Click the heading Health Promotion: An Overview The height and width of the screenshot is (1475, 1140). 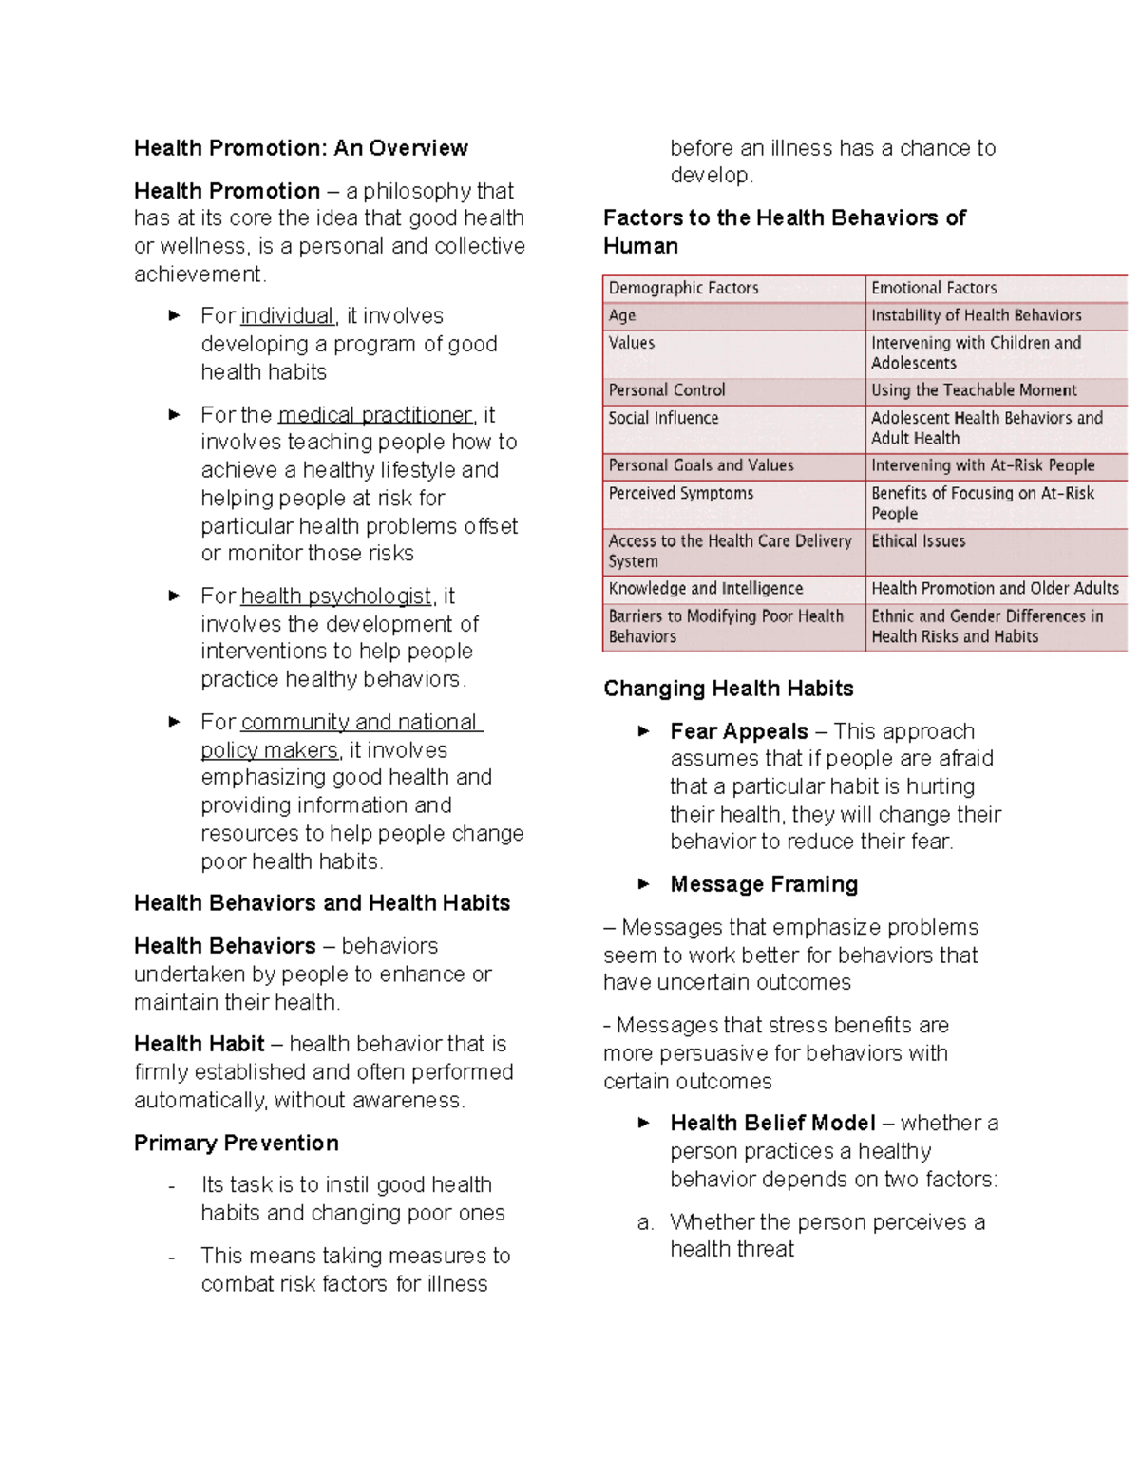[300, 148]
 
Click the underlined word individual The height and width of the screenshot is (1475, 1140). [287, 316]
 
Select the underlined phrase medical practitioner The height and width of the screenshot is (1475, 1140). [375, 415]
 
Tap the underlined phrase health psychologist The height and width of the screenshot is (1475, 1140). [336, 596]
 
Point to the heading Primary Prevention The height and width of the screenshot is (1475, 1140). [236, 1144]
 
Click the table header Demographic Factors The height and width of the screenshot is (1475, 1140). [683, 288]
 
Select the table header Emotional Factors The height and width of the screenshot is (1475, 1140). [934, 288]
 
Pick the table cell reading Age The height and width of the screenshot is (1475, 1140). [622, 315]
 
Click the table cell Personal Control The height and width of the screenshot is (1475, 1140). [667, 390]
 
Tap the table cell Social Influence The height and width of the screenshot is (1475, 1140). [663, 418]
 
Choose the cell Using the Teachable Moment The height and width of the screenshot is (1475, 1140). [974, 390]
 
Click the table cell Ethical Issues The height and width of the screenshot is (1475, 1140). [918, 541]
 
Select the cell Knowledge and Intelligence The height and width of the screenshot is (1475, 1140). [705, 589]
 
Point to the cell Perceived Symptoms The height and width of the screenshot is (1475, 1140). [680, 494]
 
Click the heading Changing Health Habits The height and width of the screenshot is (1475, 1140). [728, 689]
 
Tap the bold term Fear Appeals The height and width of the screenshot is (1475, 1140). [738, 732]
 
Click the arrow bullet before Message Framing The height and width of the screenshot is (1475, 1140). [643, 884]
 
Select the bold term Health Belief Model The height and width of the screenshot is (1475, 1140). [772, 1124]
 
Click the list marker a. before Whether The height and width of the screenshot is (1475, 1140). [645, 1223]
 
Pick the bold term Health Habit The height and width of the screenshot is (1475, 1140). [199, 1045]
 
